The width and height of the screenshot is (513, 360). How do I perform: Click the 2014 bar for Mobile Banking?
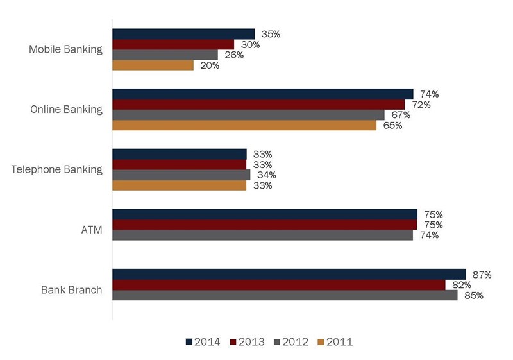click(x=183, y=34)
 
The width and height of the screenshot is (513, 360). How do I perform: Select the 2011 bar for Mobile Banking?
click(x=153, y=65)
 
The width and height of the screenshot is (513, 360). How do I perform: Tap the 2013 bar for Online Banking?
click(x=258, y=105)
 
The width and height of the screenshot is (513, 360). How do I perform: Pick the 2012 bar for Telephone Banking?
click(x=181, y=175)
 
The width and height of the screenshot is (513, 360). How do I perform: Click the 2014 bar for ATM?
click(x=265, y=214)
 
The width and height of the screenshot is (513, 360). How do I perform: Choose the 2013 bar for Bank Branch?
click(x=279, y=285)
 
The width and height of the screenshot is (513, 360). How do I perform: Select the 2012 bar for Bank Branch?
click(x=285, y=295)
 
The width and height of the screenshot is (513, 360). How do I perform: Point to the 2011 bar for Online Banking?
click(x=244, y=125)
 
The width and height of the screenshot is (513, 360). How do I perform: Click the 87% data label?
click(x=480, y=275)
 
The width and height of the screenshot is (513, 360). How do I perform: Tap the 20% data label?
click(x=208, y=65)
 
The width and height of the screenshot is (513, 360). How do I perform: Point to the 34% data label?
click(x=264, y=175)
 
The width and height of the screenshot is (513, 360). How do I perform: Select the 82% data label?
click(x=460, y=285)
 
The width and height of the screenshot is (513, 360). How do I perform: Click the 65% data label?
click(x=392, y=126)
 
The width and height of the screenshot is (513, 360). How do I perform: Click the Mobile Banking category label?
click(x=66, y=49)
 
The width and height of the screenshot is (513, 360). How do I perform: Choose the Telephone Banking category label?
click(x=57, y=169)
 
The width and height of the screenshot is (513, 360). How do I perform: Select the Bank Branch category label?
click(x=71, y=290)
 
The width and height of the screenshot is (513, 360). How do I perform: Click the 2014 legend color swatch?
click(x=189, y=341)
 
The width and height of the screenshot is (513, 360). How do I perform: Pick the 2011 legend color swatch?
click(x=321, y=341)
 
